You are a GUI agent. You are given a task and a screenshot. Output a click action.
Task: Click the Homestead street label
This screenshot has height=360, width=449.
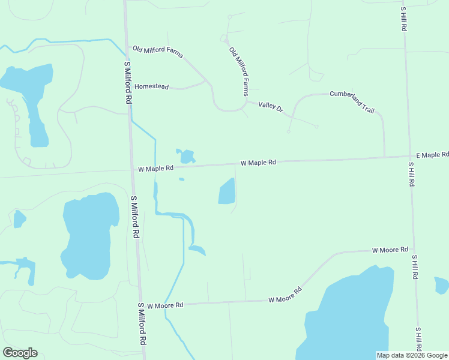pos(151,86)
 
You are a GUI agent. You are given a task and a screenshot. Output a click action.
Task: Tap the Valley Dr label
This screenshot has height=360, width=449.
pos(270,106)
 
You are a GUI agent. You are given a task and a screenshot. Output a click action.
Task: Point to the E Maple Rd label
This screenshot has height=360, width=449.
pos(432,155)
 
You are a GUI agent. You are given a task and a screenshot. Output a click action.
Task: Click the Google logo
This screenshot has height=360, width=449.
pos(20,353)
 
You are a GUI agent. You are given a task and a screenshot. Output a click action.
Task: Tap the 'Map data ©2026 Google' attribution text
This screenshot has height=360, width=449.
pos(412,355)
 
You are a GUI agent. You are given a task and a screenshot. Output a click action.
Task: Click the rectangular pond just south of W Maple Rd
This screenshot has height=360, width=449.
pos(226,192)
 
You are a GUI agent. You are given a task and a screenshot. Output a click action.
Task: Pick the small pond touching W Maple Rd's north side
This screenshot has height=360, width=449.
pos(187,157)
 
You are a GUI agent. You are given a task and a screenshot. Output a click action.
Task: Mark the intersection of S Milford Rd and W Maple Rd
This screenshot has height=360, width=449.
pos(131,170)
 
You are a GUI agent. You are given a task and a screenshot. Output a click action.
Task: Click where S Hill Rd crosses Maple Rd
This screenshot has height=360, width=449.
pos(408,156)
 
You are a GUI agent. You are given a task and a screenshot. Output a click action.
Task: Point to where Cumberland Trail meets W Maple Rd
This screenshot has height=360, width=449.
pos(385,157)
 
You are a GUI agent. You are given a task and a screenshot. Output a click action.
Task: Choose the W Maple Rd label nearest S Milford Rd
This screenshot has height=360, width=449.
pos(155,169)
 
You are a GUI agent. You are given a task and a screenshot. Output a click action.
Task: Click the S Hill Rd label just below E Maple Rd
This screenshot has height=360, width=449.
pos(411,174)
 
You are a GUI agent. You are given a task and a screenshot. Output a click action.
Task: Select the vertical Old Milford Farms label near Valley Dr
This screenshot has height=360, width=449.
pos(239,72)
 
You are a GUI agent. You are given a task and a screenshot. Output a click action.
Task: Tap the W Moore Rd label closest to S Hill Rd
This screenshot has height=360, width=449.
pos(390,250)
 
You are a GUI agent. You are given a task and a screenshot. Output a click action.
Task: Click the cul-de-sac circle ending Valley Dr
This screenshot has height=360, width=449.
pos(316,127)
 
